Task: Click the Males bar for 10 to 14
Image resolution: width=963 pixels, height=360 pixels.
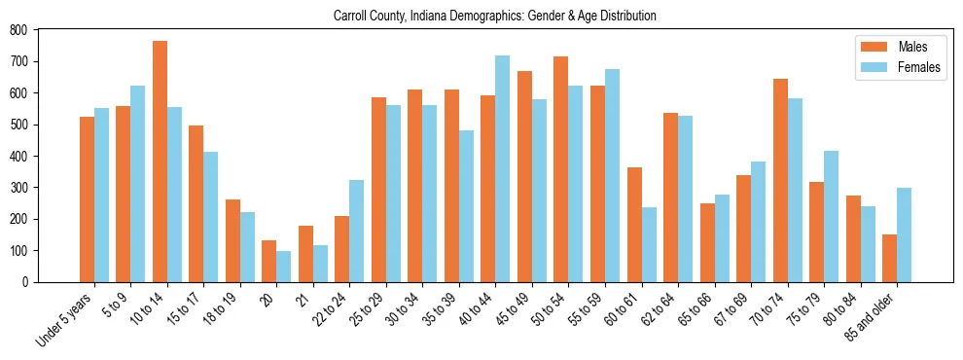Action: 160,162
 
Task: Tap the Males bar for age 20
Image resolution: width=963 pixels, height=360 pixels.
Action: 269,261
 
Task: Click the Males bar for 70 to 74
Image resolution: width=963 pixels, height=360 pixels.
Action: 780,180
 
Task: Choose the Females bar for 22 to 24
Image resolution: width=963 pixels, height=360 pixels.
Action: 357,231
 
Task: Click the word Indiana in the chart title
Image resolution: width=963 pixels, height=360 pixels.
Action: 429,16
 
